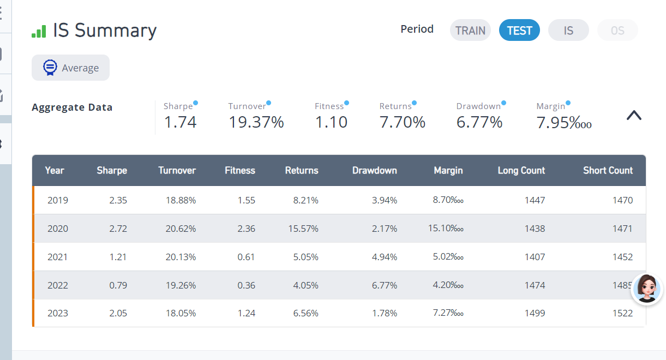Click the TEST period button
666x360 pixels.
click(x=519, y=31)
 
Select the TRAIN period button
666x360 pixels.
click(x=470, y=31)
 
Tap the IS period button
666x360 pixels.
click(x=568, y=31)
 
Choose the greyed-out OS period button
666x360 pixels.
click(x=617, y=31)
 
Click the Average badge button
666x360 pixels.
click(x=70, y=68)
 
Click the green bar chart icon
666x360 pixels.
click(x=39, y=31)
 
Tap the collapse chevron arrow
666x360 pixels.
click(x=634, y=115)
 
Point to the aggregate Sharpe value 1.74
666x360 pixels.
click(x=180, y=122)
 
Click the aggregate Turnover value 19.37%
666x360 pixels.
click(x=256, y=122)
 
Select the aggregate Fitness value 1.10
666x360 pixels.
click(x=331, y=122)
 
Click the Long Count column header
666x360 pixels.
click(x=521, y=170)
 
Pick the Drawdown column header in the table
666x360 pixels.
click(x=374, y=170)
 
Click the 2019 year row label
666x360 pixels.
click(x=58, y=200)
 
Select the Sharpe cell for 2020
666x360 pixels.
click(x=118, y=229)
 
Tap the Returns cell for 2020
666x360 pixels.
click(x=303, y=229)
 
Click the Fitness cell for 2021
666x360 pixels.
click(x=246, y=257)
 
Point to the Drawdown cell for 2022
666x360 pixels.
click(x=385, y=285)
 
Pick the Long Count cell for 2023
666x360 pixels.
click(x=535, y=313)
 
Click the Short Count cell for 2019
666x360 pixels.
click(x=622, y=200)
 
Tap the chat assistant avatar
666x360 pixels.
click(x=647, y=289)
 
